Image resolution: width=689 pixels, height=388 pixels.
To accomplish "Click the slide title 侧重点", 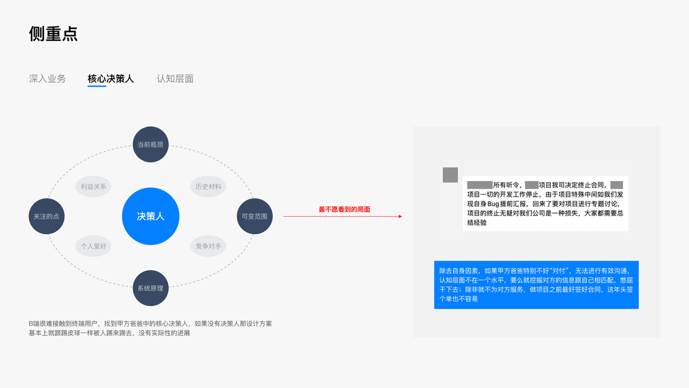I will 54,34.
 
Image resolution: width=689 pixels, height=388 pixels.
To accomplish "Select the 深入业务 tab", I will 47,79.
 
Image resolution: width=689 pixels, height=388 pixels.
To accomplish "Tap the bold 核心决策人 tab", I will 110,79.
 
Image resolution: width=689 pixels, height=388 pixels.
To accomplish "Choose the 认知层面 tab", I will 175,79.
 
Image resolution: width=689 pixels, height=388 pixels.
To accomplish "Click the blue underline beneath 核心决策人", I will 97,86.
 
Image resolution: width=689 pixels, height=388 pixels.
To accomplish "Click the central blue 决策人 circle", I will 150,216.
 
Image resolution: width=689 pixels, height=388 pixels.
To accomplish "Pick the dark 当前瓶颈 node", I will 150,144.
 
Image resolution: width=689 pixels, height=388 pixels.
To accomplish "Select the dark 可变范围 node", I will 254,216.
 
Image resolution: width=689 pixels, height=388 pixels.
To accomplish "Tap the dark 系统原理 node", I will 150,288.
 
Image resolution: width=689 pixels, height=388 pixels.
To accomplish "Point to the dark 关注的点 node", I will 46,216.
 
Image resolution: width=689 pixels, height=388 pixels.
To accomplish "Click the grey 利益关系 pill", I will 94,186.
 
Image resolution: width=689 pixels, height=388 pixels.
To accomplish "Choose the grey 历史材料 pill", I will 208,186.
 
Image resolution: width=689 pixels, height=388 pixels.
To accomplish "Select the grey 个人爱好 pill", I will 94,246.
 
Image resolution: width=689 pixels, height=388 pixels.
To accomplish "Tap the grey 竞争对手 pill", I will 208,246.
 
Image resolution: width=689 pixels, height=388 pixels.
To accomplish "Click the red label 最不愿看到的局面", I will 344,210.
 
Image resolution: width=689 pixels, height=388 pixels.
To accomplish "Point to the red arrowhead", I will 400,217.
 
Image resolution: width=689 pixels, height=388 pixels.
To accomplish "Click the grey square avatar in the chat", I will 450,175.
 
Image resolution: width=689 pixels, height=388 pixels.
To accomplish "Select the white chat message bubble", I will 545,203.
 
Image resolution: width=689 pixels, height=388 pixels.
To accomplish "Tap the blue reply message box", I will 536,285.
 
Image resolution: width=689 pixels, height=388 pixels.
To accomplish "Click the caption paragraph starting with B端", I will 150,328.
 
